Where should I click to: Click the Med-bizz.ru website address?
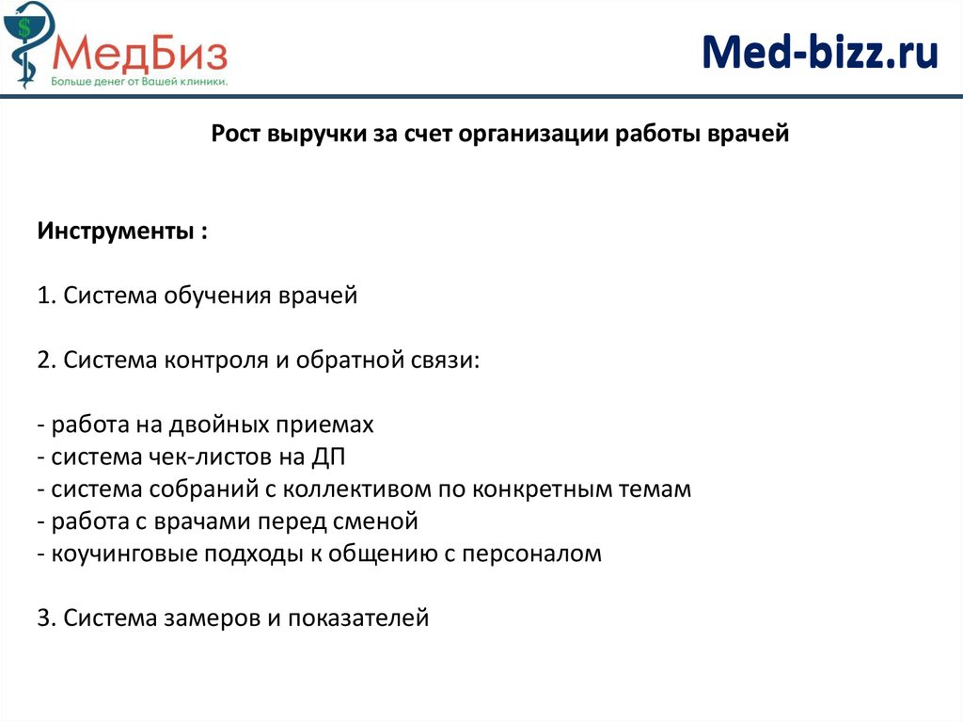820,53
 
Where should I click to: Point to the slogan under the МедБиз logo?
139,83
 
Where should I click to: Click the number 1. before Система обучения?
47,296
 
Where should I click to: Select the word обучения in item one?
217,296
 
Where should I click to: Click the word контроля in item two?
215,361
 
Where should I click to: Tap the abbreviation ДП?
333,457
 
